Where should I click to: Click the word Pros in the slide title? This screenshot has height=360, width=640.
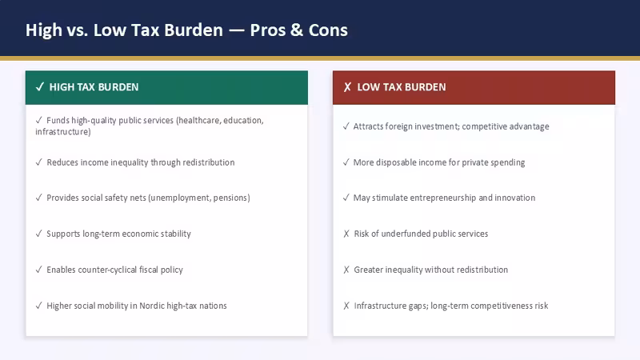(x=268, y=30)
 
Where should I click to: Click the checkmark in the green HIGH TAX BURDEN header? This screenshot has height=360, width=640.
(x=39, y=87)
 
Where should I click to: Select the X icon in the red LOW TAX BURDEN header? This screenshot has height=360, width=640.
(x=347, y=87)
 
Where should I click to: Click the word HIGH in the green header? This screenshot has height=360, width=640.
(x=62, y=87)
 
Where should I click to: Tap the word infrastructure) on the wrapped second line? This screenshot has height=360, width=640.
(x=63, y=131)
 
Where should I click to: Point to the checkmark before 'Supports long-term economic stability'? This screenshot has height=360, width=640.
(x=38, y=234)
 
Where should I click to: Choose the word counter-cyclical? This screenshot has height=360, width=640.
(x=107, y=270)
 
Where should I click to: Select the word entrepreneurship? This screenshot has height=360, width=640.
(x=443, y=198)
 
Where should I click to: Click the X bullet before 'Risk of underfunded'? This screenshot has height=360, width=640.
(x=346, y=234)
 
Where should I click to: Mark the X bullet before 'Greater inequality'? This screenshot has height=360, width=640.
(x=346, y=270)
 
